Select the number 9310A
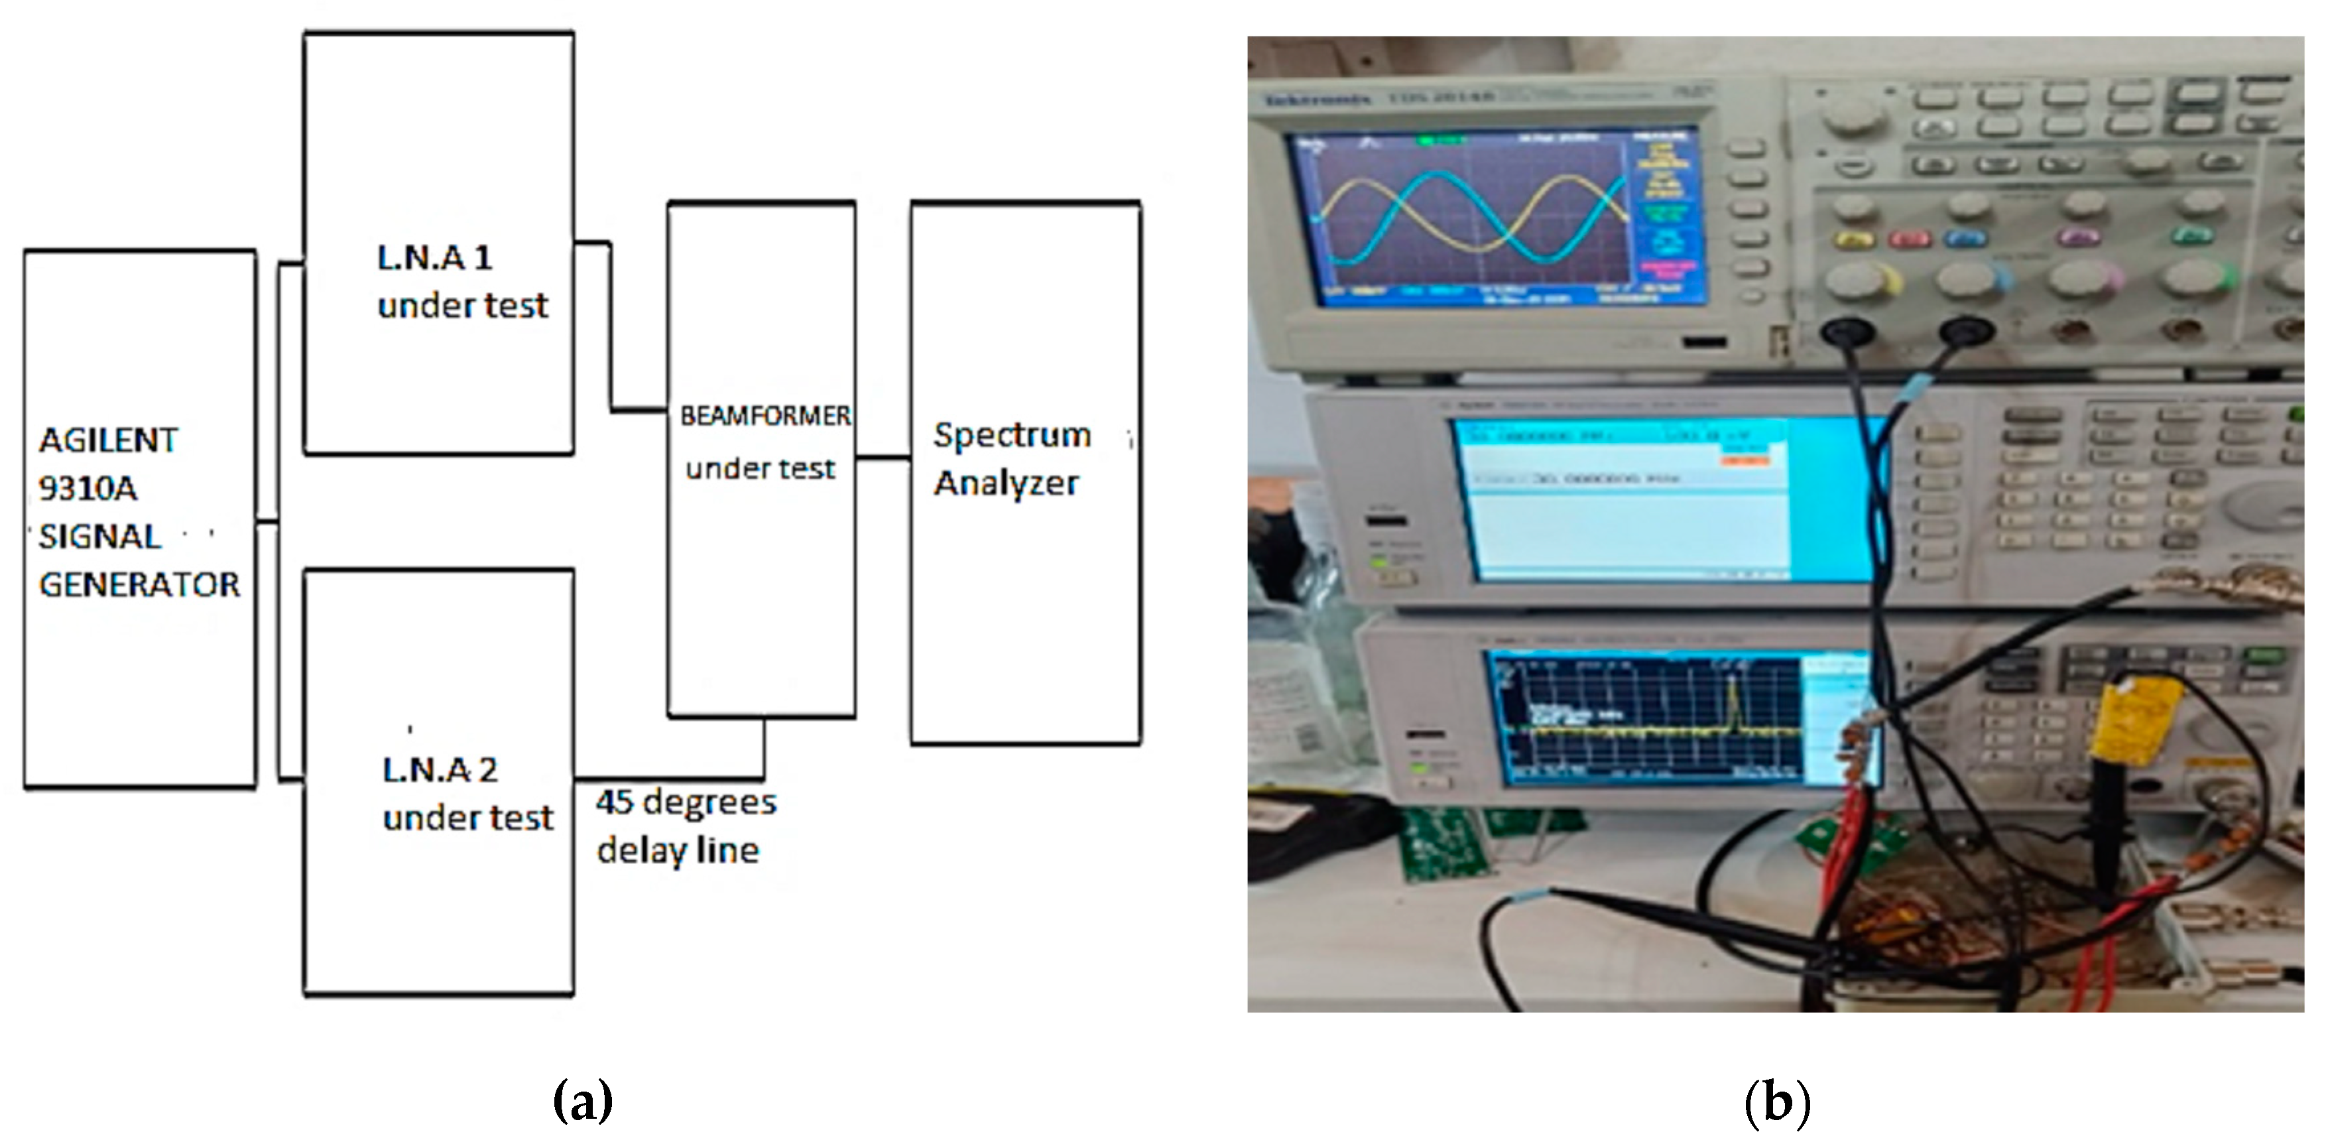coord(88,489)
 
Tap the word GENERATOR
coord(139,585)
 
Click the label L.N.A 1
coord(434,258)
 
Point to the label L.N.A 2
coord(440,771)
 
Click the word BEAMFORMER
coord(765,416)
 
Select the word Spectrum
coord(1012,436)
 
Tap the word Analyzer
coord(1006,483)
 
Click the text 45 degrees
coord(686,802)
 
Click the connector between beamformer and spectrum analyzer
coord(883,458)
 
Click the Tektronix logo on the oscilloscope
coord(1318,99)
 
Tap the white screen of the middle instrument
coord(1621,525)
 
